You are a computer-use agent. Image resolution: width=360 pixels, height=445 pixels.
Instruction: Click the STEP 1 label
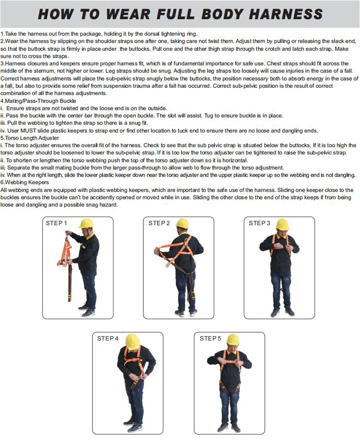[56, 223]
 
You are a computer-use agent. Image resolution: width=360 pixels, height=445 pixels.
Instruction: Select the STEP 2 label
[159, 223]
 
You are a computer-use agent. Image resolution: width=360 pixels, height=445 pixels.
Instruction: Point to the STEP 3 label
[259, 223]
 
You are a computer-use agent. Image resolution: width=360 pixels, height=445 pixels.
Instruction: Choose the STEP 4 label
[108, 338]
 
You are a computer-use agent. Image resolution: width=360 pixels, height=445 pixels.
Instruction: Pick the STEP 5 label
[210, 338]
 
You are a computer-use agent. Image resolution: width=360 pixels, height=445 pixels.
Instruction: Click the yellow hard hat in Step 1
[86, 223]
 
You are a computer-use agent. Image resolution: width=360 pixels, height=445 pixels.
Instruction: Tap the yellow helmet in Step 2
[182, 223]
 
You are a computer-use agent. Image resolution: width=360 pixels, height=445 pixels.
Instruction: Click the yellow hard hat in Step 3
[283, 224]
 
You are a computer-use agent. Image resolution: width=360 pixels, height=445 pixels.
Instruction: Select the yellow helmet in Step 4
[133, 340]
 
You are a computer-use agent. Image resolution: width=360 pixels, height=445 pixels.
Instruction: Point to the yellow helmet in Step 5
[233, 340]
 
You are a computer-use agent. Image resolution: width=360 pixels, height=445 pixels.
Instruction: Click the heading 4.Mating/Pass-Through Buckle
[38, 101]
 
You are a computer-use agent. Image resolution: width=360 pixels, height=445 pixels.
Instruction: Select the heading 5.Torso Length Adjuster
[30, 138]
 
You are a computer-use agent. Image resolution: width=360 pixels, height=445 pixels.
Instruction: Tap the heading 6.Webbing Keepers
[25, 182]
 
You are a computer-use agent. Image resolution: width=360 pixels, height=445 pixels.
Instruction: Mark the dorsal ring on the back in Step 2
[186, 242]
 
